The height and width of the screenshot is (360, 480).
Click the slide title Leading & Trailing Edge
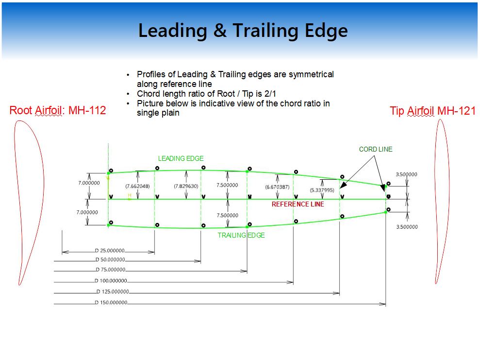coord(243,31)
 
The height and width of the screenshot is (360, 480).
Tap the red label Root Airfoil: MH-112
coord(58,110)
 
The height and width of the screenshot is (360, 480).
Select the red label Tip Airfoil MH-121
coord(432,111)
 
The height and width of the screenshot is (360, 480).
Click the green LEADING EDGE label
coord(181,158)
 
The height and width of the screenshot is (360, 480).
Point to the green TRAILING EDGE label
coord(241,235)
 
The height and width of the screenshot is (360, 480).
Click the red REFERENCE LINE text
coord(298,205)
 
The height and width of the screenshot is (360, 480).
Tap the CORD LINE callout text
coord(376,149)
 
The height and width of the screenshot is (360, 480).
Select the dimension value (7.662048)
coord(137,186)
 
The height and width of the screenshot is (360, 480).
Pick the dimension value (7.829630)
coord(186,186)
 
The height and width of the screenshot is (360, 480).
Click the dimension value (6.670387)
coord(277,187)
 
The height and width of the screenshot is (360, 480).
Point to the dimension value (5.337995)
coord(322,190)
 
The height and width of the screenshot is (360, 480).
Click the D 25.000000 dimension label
coord(110,251)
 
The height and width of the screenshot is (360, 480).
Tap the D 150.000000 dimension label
coord(111,302)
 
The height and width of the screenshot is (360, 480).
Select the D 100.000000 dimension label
coord(111,281)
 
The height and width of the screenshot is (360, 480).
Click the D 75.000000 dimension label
coord(111,270)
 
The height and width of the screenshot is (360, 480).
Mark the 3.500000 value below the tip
coord(407,227)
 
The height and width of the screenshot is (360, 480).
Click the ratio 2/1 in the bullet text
coord(270,94)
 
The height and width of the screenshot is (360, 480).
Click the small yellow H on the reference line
coord(130,195)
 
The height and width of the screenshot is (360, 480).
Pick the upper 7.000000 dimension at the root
coord(89,183)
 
